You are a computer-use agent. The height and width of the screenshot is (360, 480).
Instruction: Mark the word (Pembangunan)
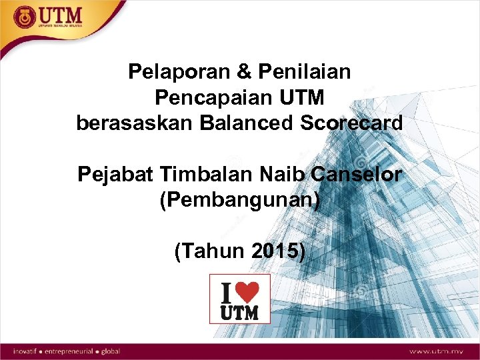[240, 201]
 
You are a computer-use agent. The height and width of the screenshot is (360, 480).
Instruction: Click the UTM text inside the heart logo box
[239, 311]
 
